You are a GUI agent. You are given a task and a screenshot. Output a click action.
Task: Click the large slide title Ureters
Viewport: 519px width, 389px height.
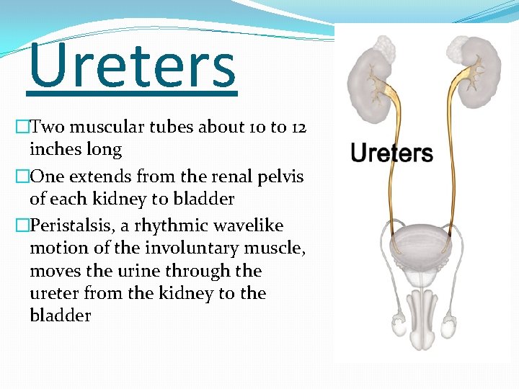tap(132, 66)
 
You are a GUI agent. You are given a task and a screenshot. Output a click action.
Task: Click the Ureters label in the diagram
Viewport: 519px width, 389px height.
tap(391, 153)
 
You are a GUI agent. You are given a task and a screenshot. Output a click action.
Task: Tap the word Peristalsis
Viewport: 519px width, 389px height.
tap(66, 226)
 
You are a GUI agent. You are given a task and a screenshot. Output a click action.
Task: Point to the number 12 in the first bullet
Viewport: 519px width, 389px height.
tap(299, 128)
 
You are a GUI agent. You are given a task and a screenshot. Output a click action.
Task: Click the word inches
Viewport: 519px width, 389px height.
tap(54, 150)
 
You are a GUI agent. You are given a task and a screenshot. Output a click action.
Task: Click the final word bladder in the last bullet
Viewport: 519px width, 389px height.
tap(61, 316)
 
